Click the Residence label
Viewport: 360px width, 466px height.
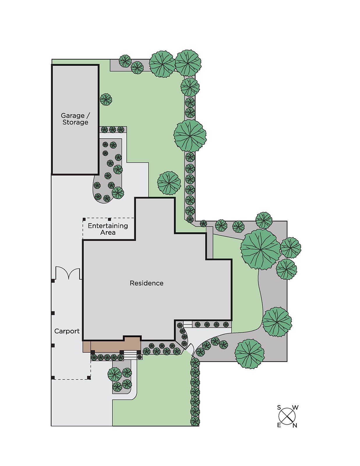pyautogui.click(x=147, y=283)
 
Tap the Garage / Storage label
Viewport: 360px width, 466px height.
pyautogui.click(x=75, y=119)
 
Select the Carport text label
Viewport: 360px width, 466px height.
pyautogui.click(x=67, y=331)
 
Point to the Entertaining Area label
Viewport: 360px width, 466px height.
pyautogui.click(x=108, y=229)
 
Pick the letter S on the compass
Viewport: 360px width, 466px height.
pyautogui.click(x=279, y=407)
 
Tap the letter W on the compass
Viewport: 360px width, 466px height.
pyautogui.click(x=295, y=408)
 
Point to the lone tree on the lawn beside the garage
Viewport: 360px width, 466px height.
pyautogui.click(x=106, y=99)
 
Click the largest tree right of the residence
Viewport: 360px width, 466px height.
pyautogui.click(x=260, y=249)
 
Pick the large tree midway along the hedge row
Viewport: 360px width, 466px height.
pyautogui.click(x=190, y=135)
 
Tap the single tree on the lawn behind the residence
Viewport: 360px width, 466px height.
pyautogui.click(x=169, y=183)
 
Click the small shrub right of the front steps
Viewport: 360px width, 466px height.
pyautogui.click(x=140, y=357)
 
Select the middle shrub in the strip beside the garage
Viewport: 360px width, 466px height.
pyautogui.click(x=112, y=130)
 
